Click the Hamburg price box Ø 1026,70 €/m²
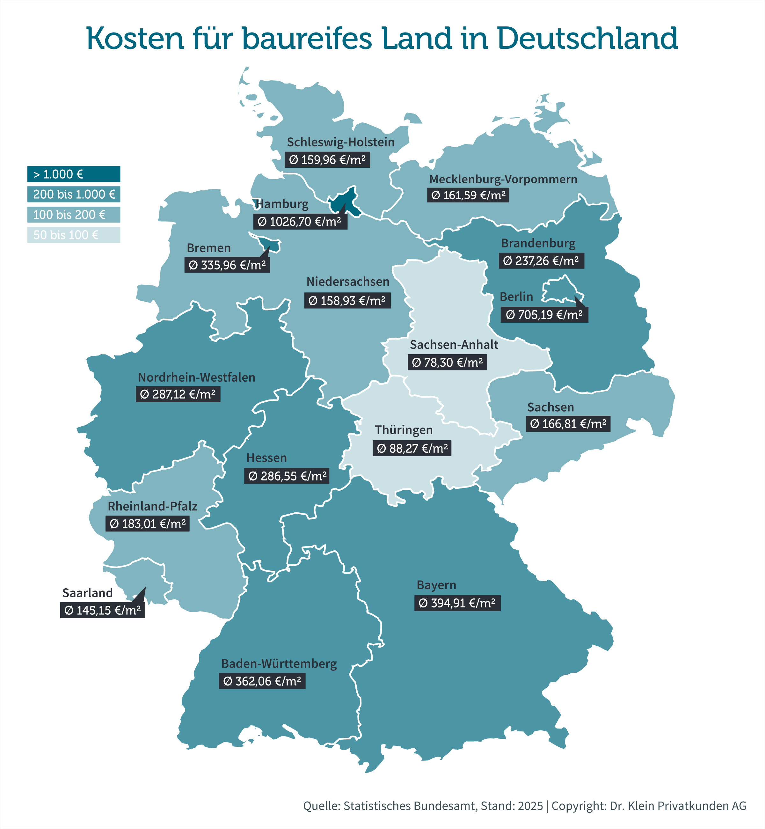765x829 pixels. (300, 222)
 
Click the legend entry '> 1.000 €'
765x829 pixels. (74, 174)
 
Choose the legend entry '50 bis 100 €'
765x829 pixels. (74, 235)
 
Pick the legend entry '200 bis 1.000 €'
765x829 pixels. (74, 194)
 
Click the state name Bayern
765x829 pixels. (436, 585)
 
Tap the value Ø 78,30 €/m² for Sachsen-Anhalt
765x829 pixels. (447, 362)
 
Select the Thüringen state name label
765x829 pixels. (404, 430)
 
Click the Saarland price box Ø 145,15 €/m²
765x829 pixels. (103, 610)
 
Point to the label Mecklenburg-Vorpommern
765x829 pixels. (503, 179)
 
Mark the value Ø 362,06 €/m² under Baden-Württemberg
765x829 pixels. (262, 681)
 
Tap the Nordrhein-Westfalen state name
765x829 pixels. (196, 377)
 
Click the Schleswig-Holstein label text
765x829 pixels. (340, 142)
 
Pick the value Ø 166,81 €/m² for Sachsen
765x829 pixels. (568, 424)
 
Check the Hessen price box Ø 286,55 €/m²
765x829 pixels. (287, 476)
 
